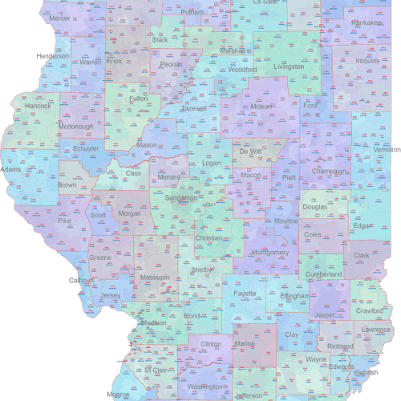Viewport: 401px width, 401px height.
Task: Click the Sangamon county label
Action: click(x=181, y=197)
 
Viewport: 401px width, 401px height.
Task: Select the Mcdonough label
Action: click(x=77, y=126)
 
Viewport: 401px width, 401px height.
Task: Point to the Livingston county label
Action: click(x=289, y=67)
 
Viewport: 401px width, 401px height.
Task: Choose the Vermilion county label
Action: click(x=387, y=149)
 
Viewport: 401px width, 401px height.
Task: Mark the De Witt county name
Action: click(x=250, y=151)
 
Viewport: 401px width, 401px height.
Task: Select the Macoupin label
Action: click(x=155, y=277)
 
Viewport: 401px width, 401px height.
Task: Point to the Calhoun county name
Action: click(x=82, y=280)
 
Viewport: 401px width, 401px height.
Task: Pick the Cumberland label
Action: click(x=324, y=274)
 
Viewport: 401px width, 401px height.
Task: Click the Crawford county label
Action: click(x=370, y=310)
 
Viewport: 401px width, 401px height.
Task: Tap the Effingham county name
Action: click(x=294, y=296)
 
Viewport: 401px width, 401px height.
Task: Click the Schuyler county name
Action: click(x=86, y=148)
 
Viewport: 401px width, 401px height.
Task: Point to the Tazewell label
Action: click(x=194, y=108)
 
